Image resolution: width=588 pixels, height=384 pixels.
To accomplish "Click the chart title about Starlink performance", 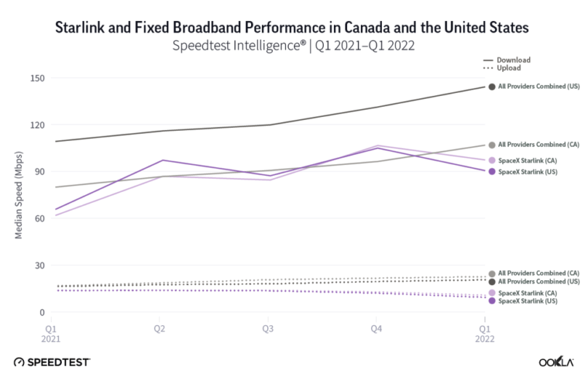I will click(x=293, y=28).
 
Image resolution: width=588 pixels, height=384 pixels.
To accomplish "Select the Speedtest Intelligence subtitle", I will click(x=293, y=46).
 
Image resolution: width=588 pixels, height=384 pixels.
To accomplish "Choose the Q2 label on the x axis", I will click(x=160, y=328).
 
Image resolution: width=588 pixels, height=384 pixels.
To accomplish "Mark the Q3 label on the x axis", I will click(x=268, y=328).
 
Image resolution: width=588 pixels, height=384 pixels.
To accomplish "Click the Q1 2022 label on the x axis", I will click(x=484, y=333).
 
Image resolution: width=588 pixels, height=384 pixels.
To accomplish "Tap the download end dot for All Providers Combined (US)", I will click(x=491, y=87).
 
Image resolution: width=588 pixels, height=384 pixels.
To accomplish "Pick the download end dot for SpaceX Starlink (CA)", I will click(x=491, y=160).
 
